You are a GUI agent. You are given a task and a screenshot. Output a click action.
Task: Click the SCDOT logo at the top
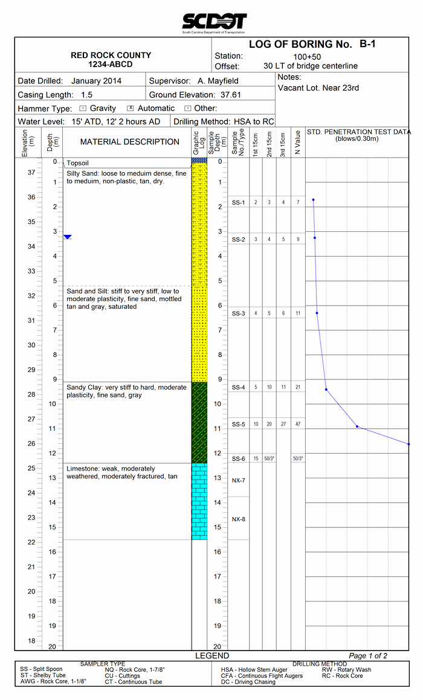[214, 22]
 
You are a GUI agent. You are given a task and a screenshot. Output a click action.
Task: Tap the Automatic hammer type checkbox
[130, 108]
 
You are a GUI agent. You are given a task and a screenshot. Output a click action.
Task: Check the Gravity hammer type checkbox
[83, 108]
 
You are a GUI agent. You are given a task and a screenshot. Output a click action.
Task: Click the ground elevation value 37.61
[229, 95]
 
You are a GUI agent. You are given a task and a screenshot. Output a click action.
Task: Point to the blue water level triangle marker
[68, 237]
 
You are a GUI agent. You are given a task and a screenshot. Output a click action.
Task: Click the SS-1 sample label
[239, 202]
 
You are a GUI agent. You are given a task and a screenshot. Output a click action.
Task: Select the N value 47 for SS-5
[297, 425]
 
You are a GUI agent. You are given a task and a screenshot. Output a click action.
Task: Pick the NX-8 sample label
[239, 519]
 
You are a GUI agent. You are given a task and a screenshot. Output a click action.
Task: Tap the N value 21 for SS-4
[297, 387]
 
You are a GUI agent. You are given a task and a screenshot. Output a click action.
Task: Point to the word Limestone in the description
[83, 469]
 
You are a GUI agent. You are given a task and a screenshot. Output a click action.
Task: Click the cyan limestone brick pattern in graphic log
[199, 501]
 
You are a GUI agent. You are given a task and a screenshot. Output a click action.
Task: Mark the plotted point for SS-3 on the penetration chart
[317, 313]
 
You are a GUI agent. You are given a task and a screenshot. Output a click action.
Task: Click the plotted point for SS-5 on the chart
[357, 426]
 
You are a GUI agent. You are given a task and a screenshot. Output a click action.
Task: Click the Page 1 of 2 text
[368, 656]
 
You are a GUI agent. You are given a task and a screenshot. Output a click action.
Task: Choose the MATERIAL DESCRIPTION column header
[130, 142]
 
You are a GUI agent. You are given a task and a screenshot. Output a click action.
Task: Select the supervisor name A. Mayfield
[218, 81]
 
